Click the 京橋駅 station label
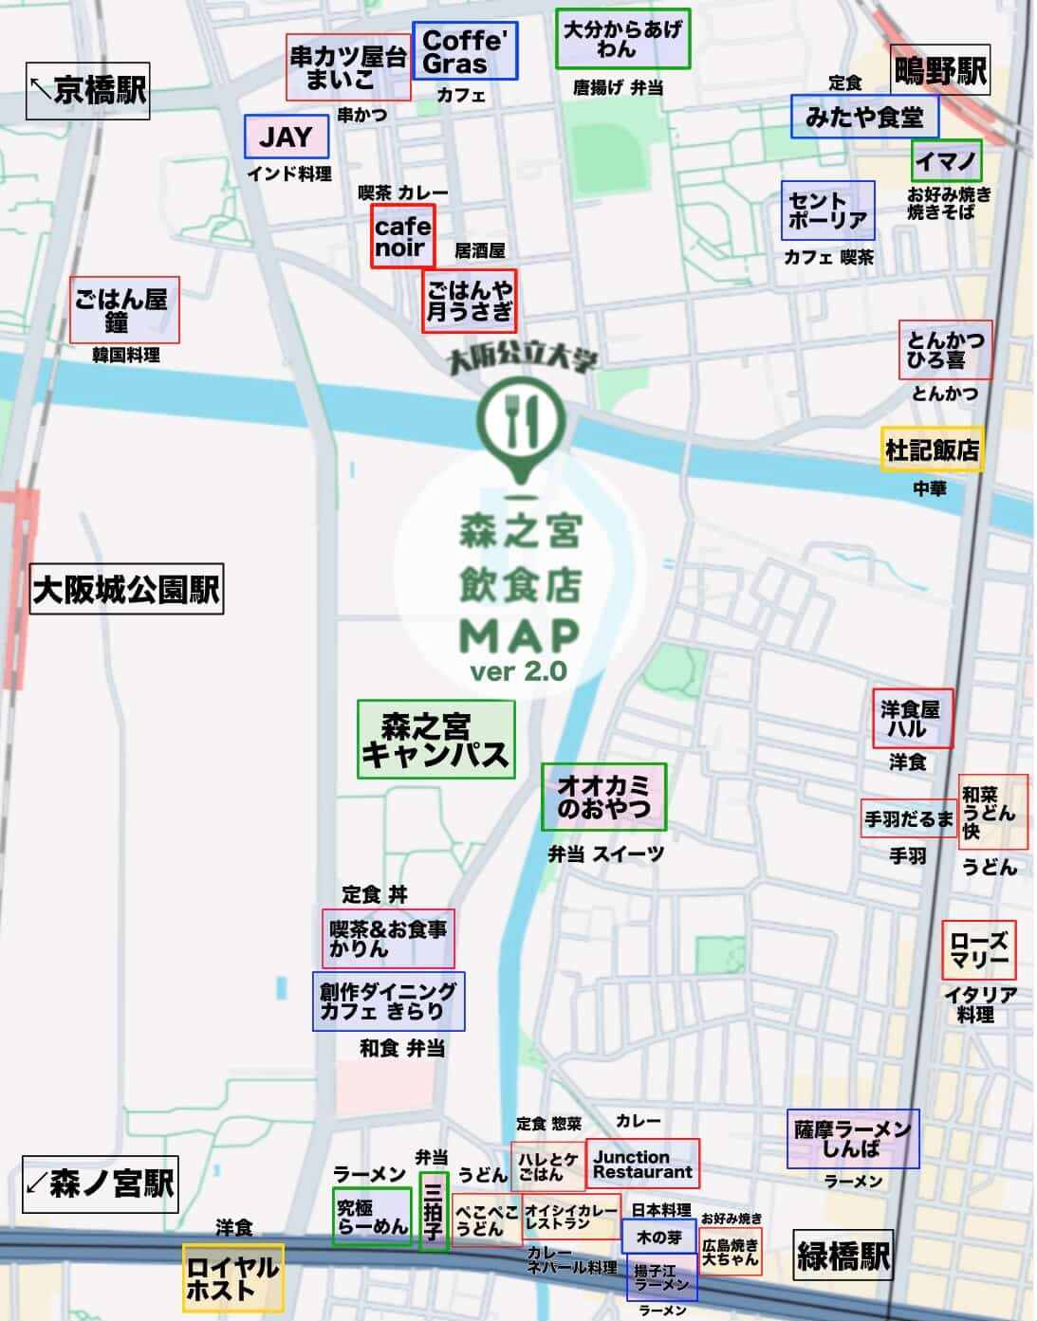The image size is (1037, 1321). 87,91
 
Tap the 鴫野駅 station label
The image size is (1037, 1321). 939,70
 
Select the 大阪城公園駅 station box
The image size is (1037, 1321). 126,589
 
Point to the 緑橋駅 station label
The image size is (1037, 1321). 843,1257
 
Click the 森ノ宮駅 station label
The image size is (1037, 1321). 100,1183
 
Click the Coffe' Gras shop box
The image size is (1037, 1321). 465,51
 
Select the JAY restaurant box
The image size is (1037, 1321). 286,137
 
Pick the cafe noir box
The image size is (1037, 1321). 402,236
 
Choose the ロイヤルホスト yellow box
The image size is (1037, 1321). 232,1277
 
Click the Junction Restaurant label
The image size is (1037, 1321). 642,1164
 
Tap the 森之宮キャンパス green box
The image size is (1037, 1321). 435,740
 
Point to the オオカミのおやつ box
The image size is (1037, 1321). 603,797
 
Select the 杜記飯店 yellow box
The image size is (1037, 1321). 932,450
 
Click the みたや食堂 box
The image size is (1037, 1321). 864,116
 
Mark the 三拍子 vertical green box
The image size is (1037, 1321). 434,1210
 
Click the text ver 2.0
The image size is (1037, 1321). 518,671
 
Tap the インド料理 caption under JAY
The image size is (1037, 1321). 289,174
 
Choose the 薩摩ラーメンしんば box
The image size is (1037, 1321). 852,1138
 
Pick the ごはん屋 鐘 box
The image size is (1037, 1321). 123,310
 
